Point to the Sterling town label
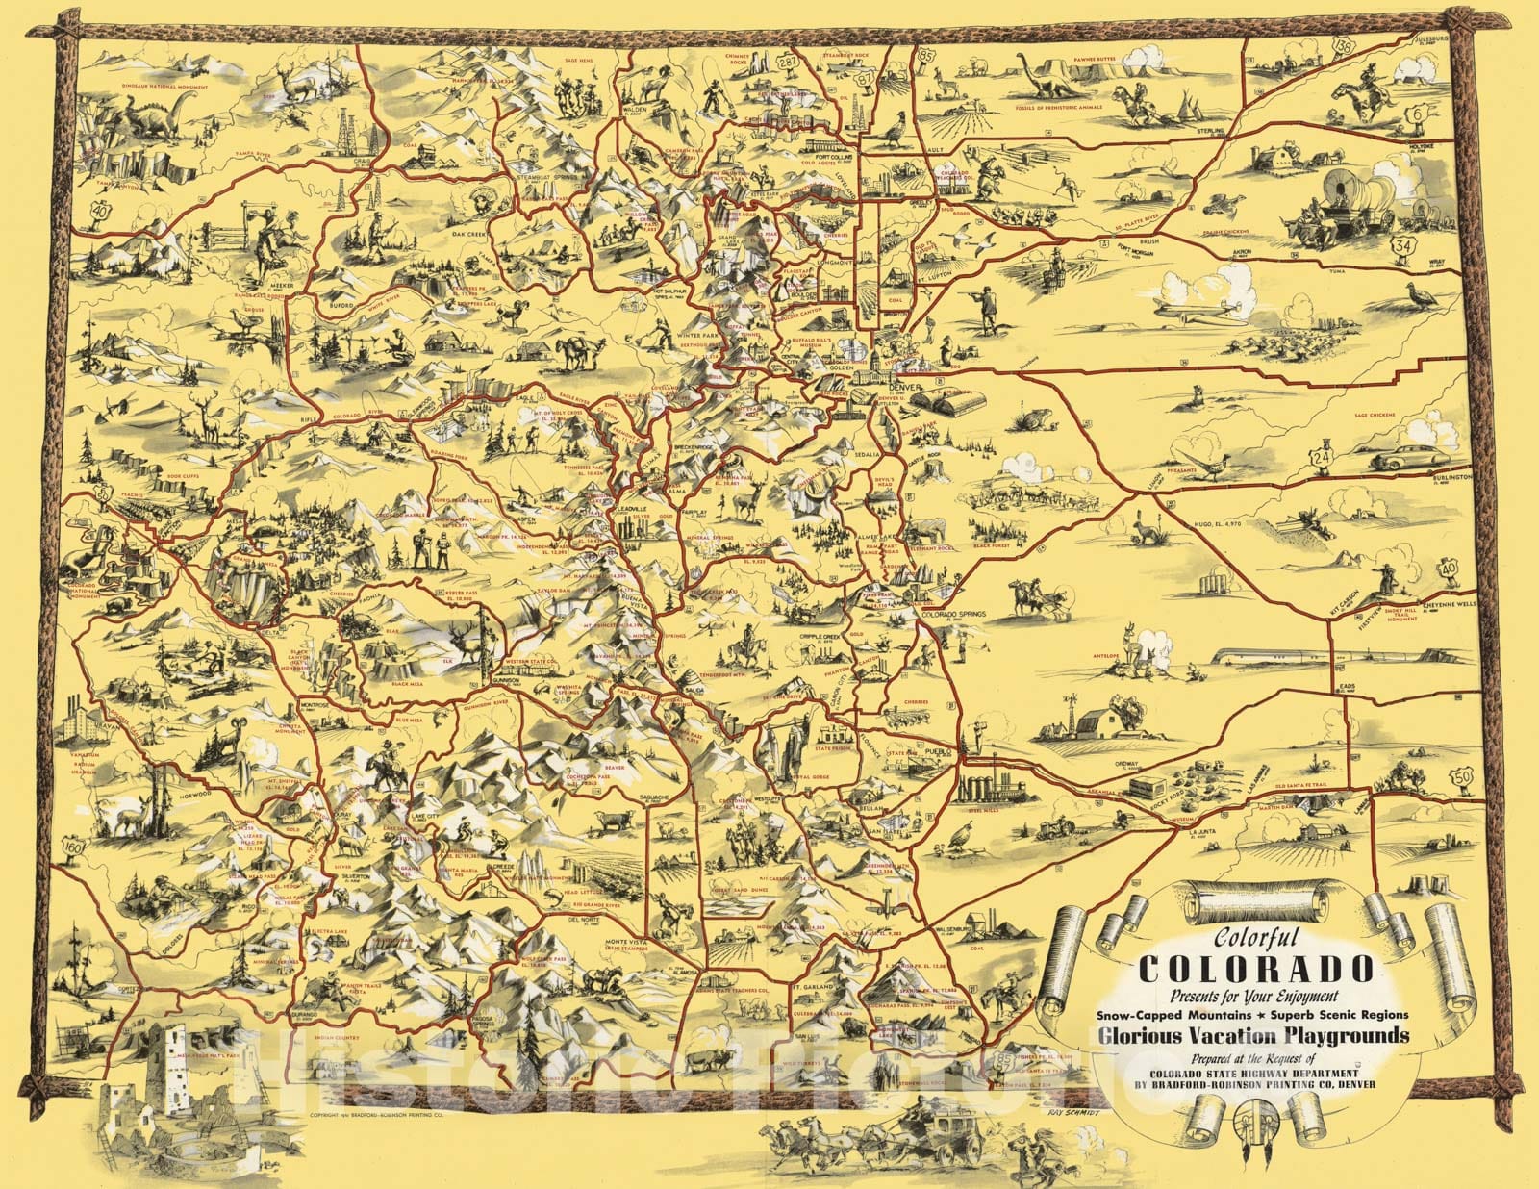click(1211, 130)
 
